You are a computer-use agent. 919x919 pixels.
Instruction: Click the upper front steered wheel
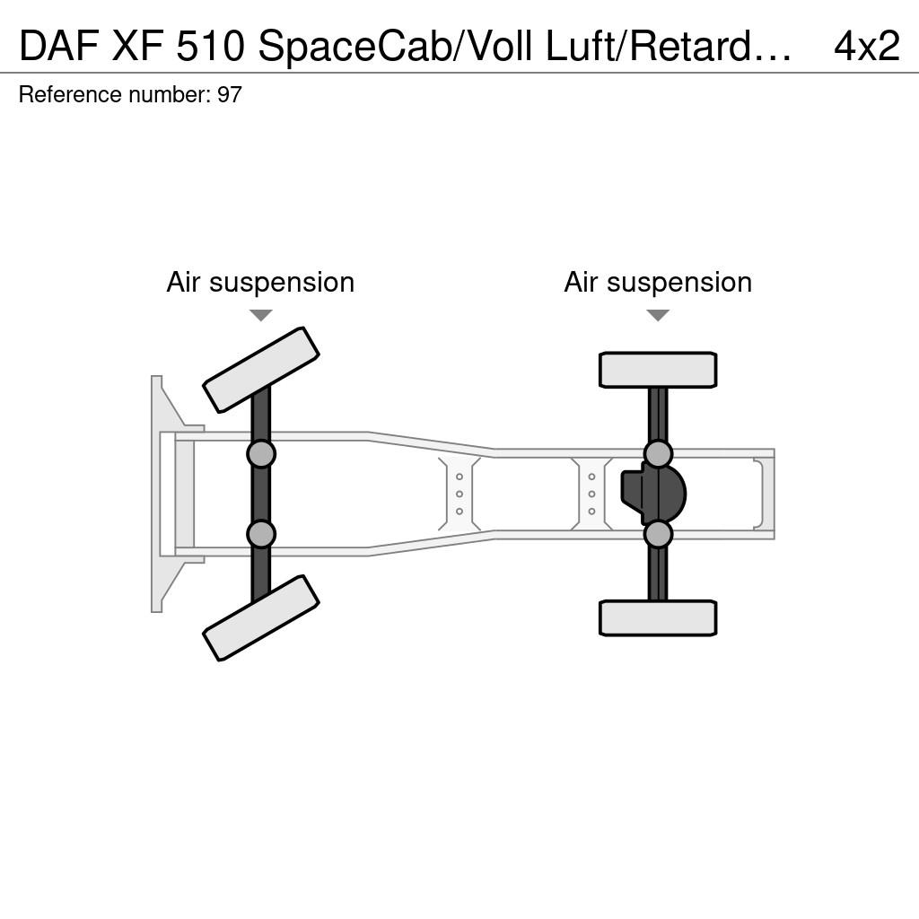261,370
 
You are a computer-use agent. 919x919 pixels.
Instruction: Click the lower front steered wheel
261,617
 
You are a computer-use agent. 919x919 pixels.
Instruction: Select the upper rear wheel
658,370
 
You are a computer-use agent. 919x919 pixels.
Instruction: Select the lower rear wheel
658,617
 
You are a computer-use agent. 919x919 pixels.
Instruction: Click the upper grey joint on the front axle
261,453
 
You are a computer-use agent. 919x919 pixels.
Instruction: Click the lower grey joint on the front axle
261,534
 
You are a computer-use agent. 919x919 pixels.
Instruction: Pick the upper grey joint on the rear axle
658,453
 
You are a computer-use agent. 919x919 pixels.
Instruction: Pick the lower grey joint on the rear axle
658,534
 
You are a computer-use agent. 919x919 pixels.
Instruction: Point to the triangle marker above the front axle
261,315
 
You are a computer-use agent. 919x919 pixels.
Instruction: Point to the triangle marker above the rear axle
658,315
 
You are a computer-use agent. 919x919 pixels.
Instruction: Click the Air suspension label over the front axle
261,283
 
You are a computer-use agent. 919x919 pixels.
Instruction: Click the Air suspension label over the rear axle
658,283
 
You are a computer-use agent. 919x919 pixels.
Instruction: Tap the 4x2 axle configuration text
867,46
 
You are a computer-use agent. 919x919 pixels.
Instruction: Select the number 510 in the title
210,46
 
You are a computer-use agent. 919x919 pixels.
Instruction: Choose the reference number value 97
229,95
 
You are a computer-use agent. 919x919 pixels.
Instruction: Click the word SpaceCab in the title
355,47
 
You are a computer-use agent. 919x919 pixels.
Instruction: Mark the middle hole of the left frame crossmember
459,495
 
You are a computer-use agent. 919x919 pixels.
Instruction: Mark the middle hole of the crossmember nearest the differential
592,495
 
